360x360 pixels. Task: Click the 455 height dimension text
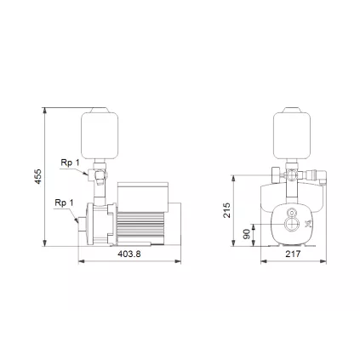tap(37, 176)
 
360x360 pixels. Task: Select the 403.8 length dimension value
tap(129, 254)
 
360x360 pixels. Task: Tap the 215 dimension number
tap(226, 209)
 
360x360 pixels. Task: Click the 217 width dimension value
tap(292, 254)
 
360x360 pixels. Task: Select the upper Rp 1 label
tap(70, 162)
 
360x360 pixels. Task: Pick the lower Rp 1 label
tap(64, 203)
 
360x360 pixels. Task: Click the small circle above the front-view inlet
tap(292, 212)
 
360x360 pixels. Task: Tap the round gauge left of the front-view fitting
tap(276, 174)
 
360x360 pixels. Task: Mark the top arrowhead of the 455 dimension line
tap(45, 111)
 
